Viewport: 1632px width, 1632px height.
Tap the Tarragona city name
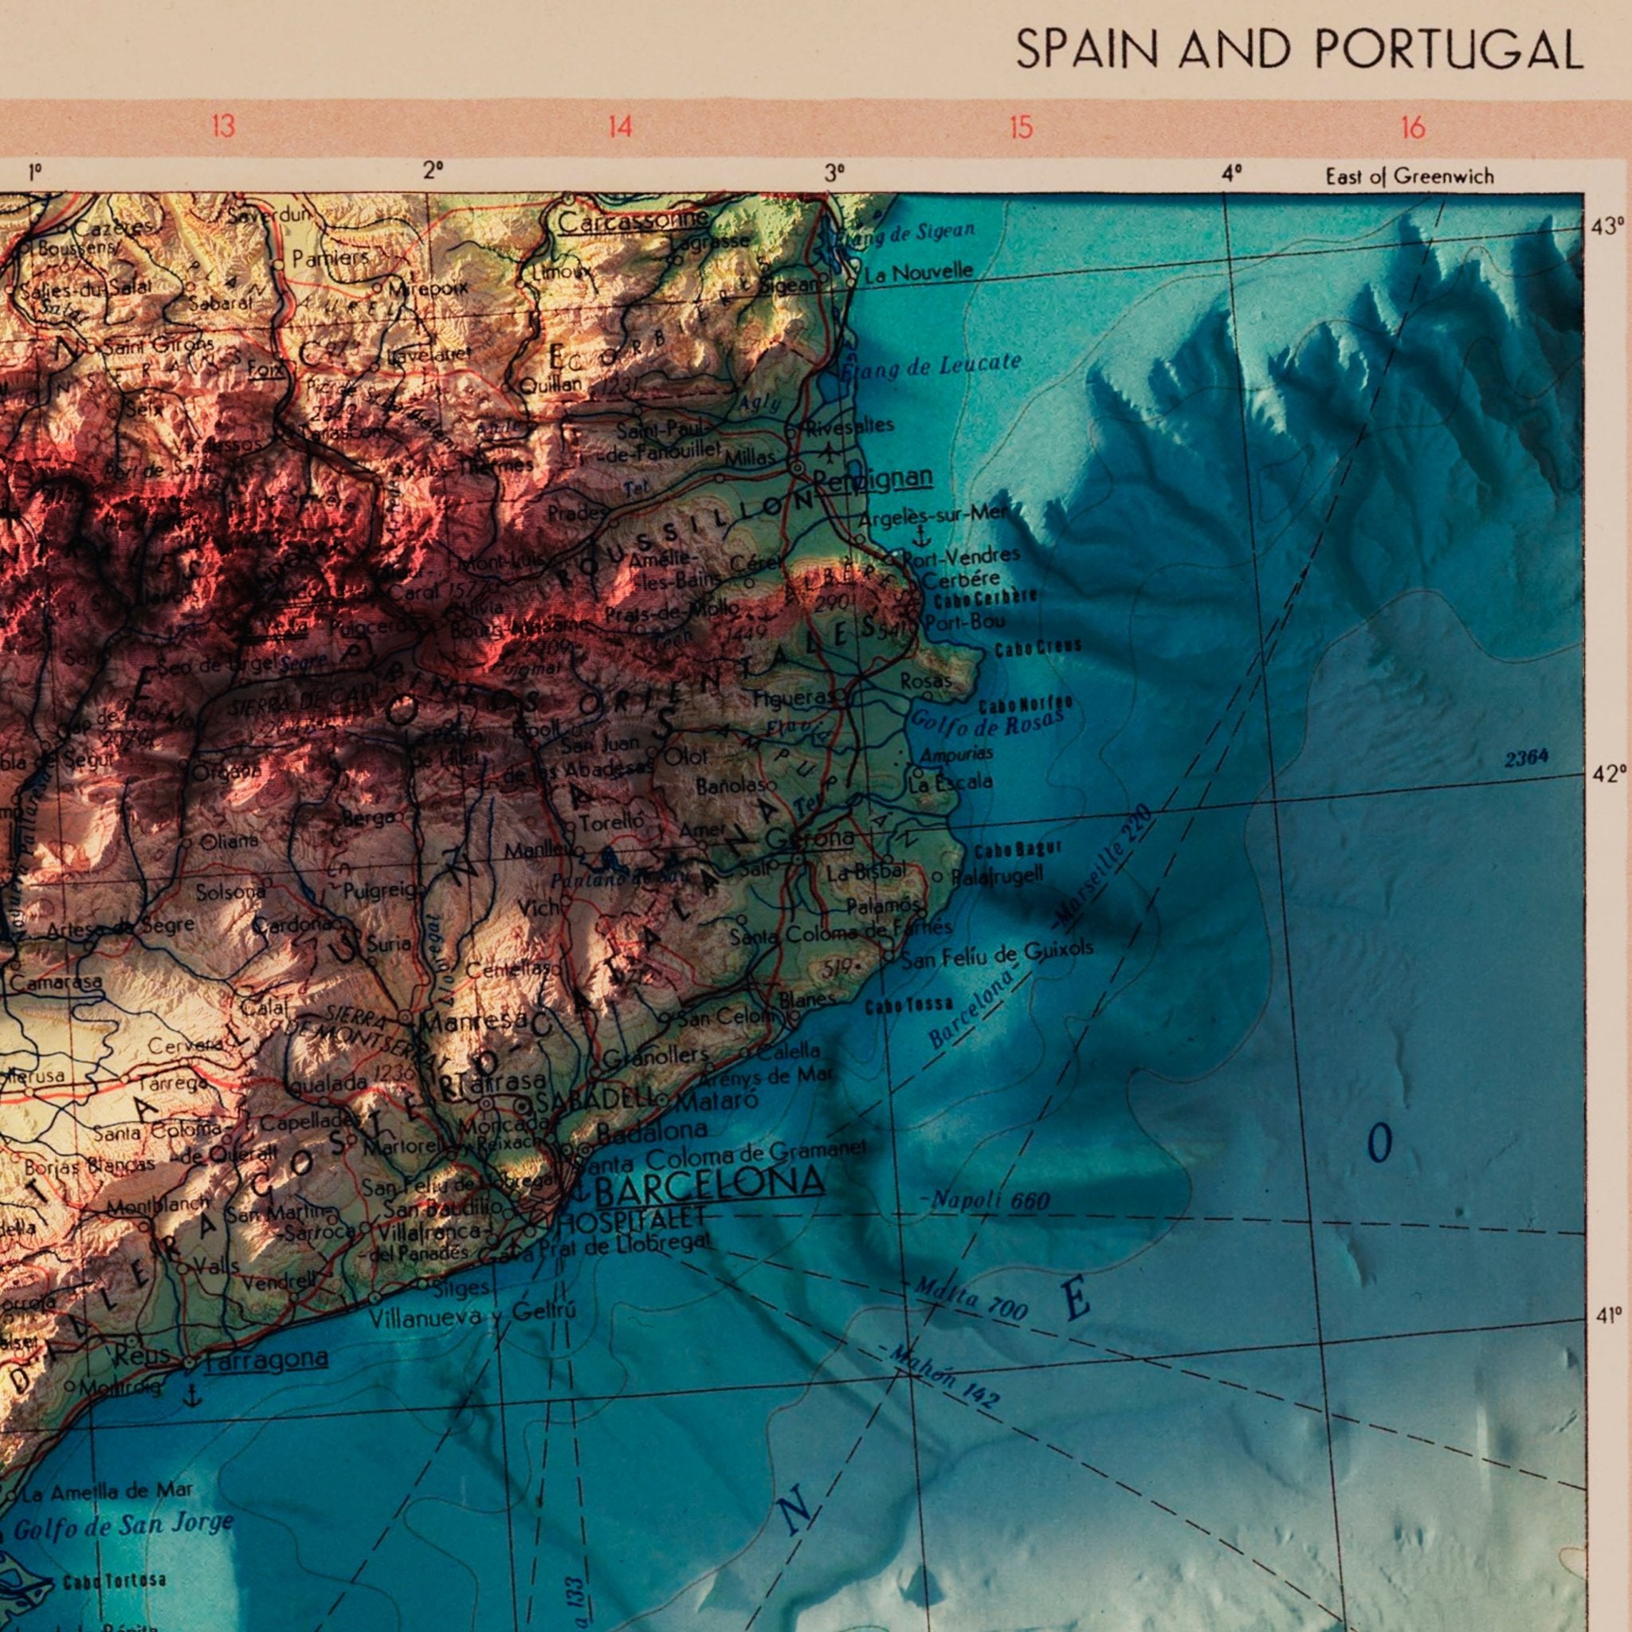click(x=266, y=1357)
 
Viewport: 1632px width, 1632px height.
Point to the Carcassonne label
click(x=634, y=222)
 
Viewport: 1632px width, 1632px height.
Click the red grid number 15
click(x=1021, y=128)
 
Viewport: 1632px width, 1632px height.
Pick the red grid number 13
click(x=223, y=128)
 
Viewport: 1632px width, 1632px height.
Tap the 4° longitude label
click(x=1232, y=175)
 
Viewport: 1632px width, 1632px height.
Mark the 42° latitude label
click(x=1607, y=775)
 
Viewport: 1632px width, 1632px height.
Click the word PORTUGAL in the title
click(x=1448, y=51)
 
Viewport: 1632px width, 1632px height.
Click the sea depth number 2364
click(x=1526, y=758)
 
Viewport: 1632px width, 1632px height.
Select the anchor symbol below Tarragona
click(x=194, y=1395)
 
